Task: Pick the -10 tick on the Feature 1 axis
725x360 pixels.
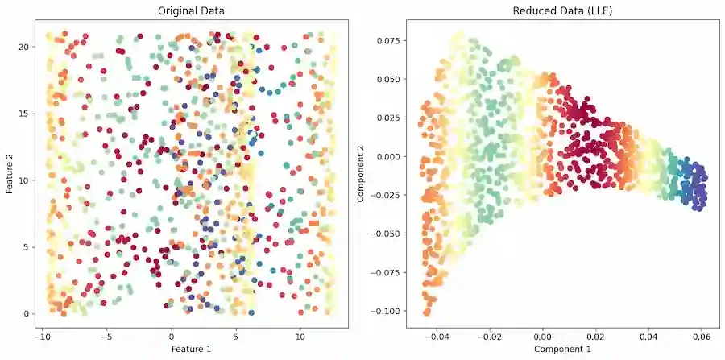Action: [x=41, y=335]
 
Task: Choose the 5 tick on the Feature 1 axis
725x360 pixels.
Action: [x=236, y=335]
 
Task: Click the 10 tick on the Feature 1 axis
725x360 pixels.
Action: [x=300, y=335]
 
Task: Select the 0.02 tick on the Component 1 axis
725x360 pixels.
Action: [x=596, y=335]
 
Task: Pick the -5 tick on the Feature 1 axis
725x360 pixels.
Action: [x=106, y=335]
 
